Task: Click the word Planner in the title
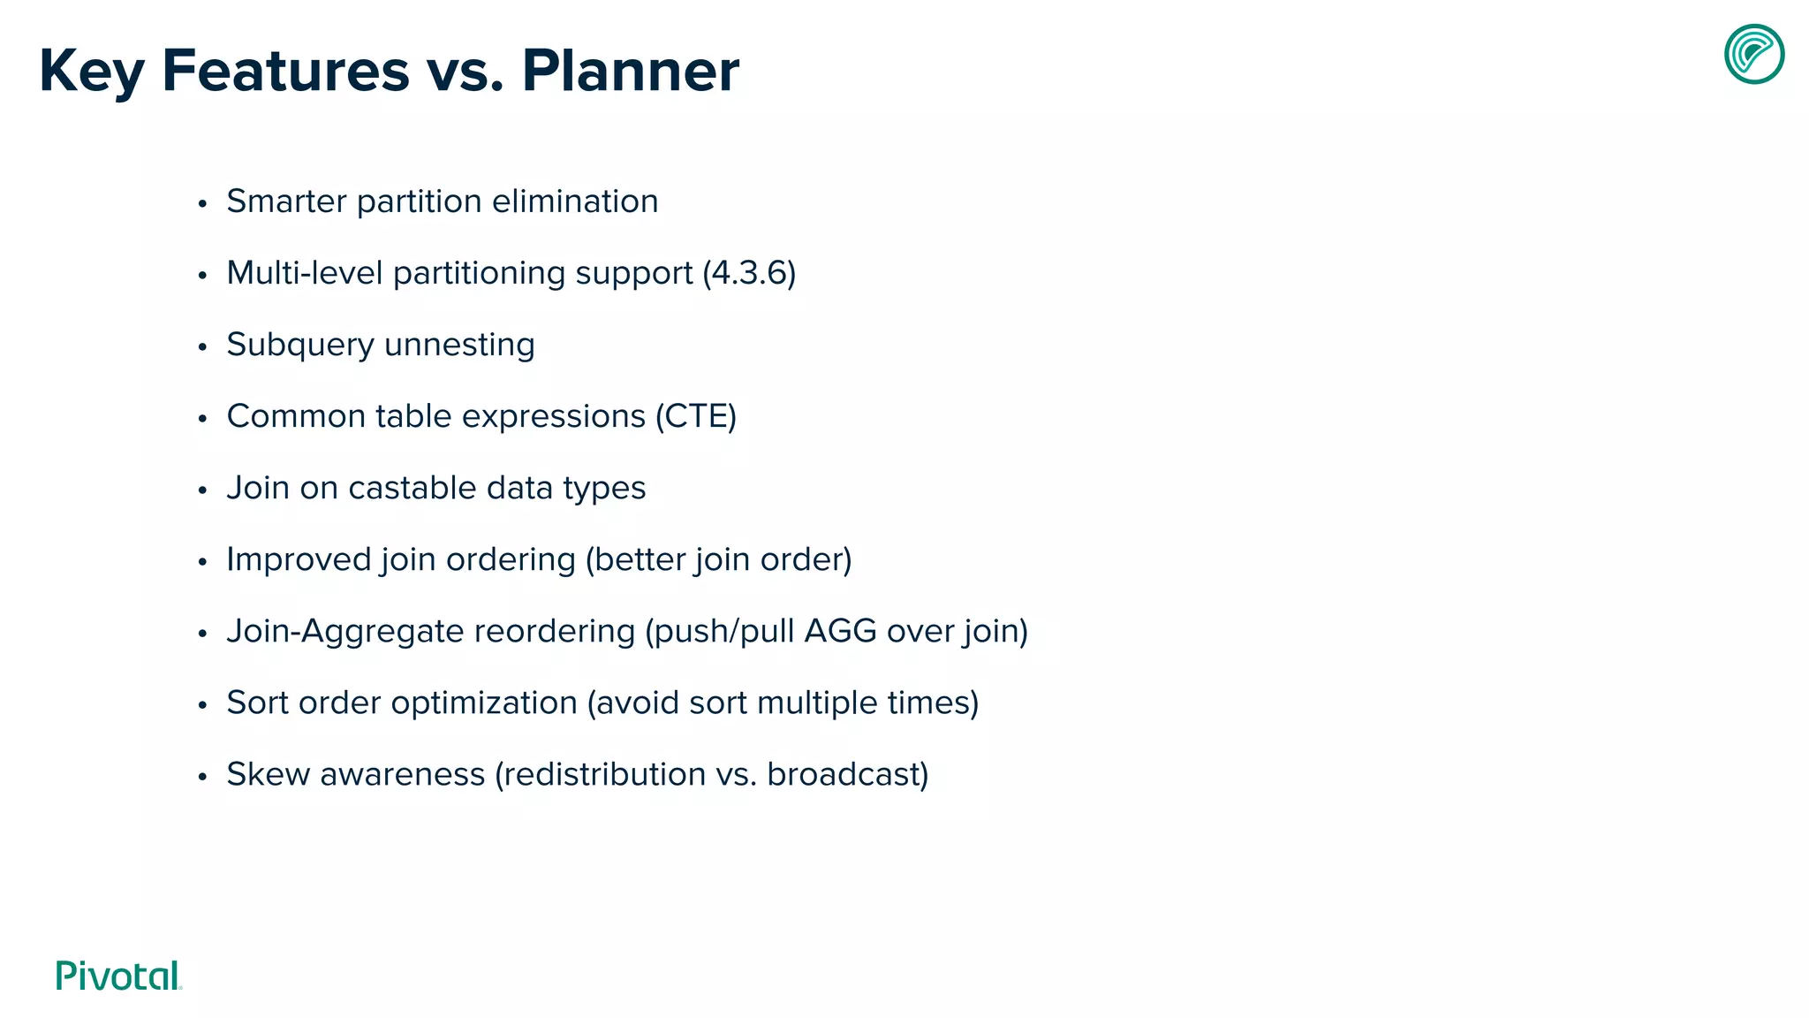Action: coord(630,71)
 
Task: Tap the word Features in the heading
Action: coord(285,71)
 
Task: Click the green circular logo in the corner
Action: coord(1754,54)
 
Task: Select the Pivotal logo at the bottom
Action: coord(118,976)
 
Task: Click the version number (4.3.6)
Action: coord(749,273)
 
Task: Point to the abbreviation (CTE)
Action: coord(695,416)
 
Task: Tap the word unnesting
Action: coord(459,345)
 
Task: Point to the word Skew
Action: coord(268,774)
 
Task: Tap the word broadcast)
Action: coord(847,774)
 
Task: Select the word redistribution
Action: coord(600,774)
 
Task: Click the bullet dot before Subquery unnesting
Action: coord(202,347)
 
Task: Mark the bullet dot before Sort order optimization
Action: coord(202,705)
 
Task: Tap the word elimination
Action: coord(574,201)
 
